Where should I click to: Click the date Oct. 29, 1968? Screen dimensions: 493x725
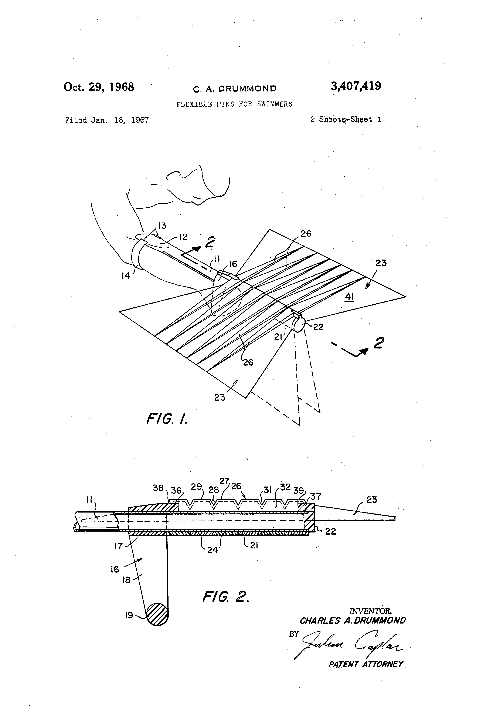pyautogui.click(x=99, y=87)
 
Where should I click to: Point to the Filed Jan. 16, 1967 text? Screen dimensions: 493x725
pyautogui.click(x=107, y=120)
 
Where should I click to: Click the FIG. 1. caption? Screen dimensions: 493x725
pyautogui.click(x=167, y=419)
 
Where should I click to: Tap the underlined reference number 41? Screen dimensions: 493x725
pyautogui.click(x=349, y=297)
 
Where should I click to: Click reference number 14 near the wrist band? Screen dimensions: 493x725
pyautogui.click(x=126, y=275)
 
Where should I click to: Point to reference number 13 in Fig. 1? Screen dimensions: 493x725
pyautogui.click(x=162, y=225)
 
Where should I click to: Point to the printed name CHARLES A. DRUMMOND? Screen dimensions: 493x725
pyautogui.click(x=353, y=621)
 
